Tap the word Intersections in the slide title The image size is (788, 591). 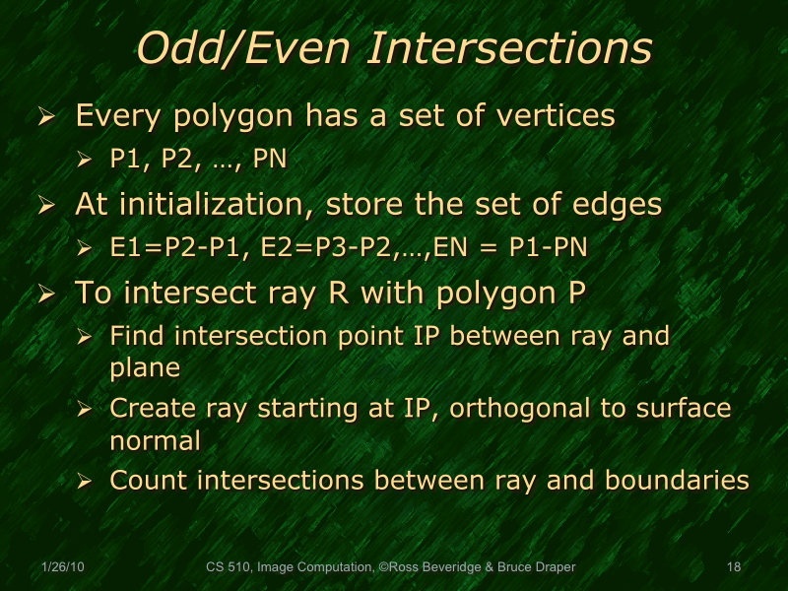(x=508, y=49)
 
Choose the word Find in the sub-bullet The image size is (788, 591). (x=138, y=336)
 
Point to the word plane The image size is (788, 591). (x=145, y=367)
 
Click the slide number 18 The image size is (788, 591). (x=733, y=567)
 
